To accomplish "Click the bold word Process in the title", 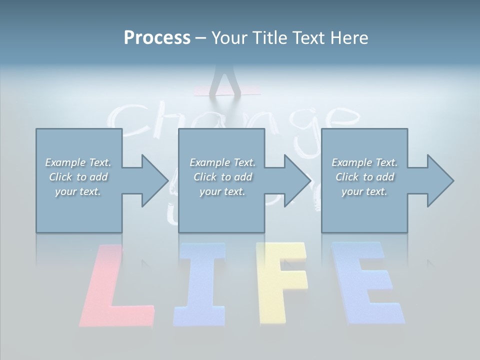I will coord(157,38).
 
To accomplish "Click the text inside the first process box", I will coord(78,177).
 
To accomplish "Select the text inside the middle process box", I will coord(222,177).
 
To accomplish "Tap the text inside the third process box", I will coord(364,177).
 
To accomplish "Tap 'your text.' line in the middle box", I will coord(222,191).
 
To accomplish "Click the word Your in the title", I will coord(229,38).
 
